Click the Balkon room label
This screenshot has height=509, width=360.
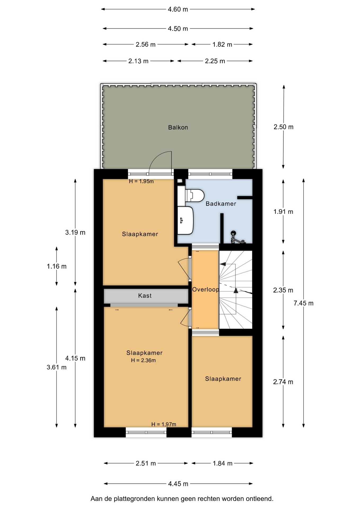pyautogui.click(x=178, y=128)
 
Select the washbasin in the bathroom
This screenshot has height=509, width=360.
pyautogui.click(x=185, y=221)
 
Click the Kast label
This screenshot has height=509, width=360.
pyautogui.click(x=145, y=296)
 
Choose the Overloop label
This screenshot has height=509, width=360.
pyautogui.click(x=205, y=289)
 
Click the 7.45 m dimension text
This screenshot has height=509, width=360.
pyautogui.click(x=304, y=303)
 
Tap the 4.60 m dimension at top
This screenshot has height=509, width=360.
pyautogui.click(x=178, y=9)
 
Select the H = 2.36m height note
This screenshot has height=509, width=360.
pyautogui.click(x=143, y=360)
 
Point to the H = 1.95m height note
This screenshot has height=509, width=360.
pyautogui.click(x=141, y=181)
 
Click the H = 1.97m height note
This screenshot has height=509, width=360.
pyautogui.click(x=164, y=424)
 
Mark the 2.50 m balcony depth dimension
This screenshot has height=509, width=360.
pyautogui.click(x=283, y=127)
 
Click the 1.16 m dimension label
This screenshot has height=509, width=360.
pyautogui.click(x=57, y=266)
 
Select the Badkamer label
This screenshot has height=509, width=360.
pyautogui.click(x=221, y=204)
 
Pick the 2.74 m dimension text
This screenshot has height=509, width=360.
pyautogui.click(x=283, y=382)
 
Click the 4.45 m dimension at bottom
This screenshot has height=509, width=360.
pyautogui.click(x=178, y=484)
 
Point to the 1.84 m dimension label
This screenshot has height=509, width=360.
pyautogui.click(x=222, y=463)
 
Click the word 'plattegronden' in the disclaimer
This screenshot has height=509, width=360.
pyautogui.click(x=134, y=499)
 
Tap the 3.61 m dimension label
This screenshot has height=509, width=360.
pyautogui.click(x=56, y=367)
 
